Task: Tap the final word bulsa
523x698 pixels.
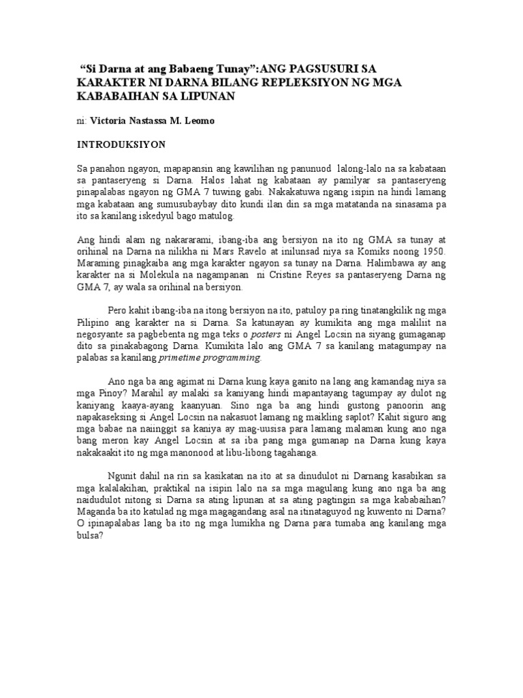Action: click(x=89, y=536)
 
